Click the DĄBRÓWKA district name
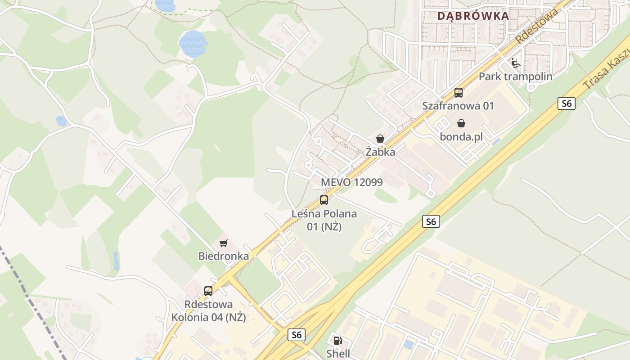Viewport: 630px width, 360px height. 473,16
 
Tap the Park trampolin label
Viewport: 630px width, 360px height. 515,76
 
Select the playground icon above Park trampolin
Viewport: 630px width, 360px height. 515,63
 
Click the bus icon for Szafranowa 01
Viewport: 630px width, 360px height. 458,93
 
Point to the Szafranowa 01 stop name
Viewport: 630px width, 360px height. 458,106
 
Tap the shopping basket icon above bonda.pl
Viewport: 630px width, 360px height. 461,123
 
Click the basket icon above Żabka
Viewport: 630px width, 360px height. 380,139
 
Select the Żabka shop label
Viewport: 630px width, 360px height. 380,152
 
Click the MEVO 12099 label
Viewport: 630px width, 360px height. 352,182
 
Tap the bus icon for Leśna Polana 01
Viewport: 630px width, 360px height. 324,200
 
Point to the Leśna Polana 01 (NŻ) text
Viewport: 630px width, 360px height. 324,220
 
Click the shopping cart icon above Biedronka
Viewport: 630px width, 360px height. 224,243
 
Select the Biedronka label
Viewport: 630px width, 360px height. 224,256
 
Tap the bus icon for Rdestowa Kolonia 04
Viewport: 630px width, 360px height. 208,291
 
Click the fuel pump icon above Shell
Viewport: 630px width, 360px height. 338,341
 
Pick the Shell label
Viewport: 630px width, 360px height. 338,354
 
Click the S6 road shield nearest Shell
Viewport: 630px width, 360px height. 296,335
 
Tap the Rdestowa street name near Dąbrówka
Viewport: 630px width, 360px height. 537,26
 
